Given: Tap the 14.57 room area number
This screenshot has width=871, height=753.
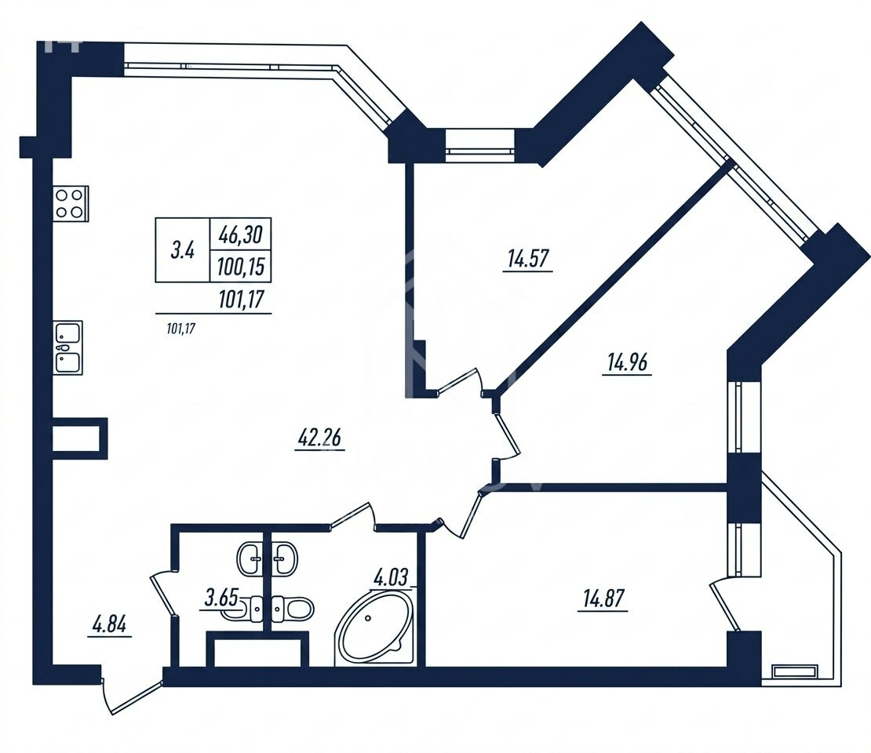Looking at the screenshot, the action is (x=528, y=259).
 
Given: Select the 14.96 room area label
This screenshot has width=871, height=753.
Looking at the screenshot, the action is (x=627, y=363).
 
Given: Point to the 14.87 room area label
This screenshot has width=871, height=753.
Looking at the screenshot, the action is (x=603, y=599).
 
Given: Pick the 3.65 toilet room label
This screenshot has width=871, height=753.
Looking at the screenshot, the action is (x=221, y=598).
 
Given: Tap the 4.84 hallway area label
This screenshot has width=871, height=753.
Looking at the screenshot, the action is (x=109, y=625).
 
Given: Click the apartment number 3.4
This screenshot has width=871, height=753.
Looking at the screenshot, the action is (x=182, y=251).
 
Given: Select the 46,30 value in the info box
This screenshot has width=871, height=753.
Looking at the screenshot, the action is (x=241, y=235).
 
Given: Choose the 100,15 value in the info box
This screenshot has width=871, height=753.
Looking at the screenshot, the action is (x=241, y=267).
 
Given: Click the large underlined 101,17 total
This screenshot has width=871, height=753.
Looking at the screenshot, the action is (x=241, y=300).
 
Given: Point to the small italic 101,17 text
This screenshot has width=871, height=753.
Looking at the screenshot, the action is (x=181, y=329).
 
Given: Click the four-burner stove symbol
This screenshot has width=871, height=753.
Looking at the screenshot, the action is (x=71, y=203).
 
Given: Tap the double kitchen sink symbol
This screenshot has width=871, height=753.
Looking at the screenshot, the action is (x=68, y=347).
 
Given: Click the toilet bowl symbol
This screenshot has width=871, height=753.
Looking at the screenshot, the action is (x=293, y=608).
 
